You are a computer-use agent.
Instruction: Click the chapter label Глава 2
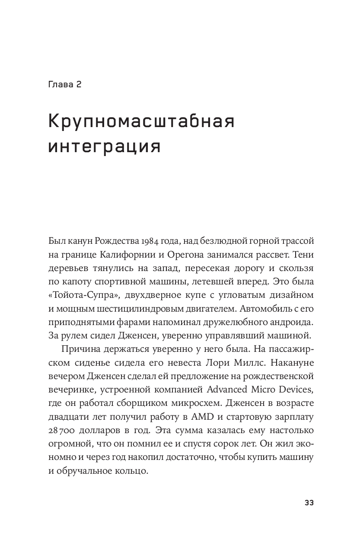[65, 84]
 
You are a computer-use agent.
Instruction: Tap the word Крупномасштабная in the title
[141, 123]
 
